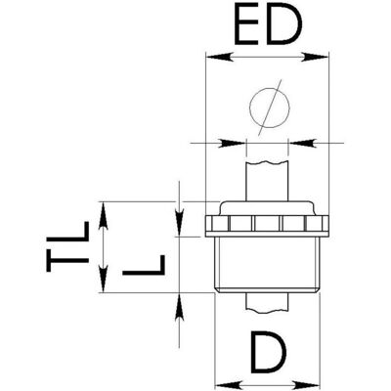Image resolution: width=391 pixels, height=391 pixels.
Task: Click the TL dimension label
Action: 67,246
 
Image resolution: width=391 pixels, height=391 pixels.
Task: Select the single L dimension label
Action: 144,265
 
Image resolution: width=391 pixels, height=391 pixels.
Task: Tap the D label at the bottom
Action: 269,353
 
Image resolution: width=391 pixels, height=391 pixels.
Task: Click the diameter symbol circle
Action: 269,108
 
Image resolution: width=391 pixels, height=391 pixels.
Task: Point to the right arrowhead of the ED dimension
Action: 315,57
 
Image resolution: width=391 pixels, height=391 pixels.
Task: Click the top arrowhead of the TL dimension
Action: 104,215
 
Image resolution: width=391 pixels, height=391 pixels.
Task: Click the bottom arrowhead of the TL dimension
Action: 104,279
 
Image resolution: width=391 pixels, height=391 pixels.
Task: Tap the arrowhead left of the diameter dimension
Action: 233,143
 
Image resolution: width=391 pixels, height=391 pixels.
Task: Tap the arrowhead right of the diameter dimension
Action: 302,143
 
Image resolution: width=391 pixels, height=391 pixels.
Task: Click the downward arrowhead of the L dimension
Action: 179,222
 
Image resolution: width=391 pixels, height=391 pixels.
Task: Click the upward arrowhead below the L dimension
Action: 179,308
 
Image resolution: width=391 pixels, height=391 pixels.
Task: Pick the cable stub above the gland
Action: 267,181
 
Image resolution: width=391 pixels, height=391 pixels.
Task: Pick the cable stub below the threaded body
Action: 267,303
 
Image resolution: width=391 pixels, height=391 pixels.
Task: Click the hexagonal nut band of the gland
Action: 267,226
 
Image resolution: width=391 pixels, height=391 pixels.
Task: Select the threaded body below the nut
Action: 267,265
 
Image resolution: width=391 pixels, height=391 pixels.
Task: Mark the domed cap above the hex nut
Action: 267,208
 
